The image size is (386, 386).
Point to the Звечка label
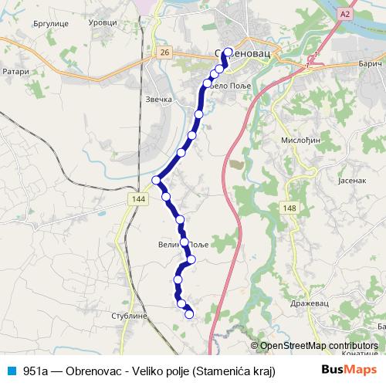coord(159,100)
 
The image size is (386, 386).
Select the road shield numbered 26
coord(164,52)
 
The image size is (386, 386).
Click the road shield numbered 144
coord(138,199)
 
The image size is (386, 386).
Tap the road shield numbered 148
coord(289,208)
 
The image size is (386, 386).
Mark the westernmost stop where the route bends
coord(157,181)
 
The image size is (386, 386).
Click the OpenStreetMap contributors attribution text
coord(318,346)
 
